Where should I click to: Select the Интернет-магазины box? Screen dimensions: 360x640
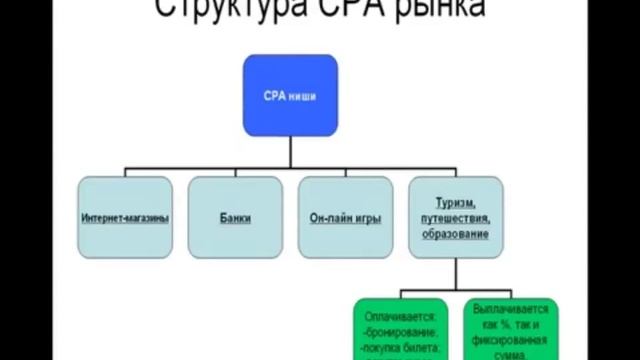[x=124, y=217]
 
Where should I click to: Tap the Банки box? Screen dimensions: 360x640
[x=235, y=217]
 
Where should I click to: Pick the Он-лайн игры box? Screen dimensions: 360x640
[x=346, y=217]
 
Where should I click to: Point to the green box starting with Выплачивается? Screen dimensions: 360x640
[x=511, y=328]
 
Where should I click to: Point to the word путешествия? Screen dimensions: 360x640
[x=453, y=217]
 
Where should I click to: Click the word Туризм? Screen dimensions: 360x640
[x=453, y=202]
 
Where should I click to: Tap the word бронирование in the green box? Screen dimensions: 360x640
[x=402, y=330]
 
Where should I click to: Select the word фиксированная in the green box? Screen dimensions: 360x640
[x=511, y=339]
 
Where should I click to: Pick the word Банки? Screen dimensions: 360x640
[x=235, y=217]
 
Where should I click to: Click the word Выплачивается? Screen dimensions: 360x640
[x=511, y=311]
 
